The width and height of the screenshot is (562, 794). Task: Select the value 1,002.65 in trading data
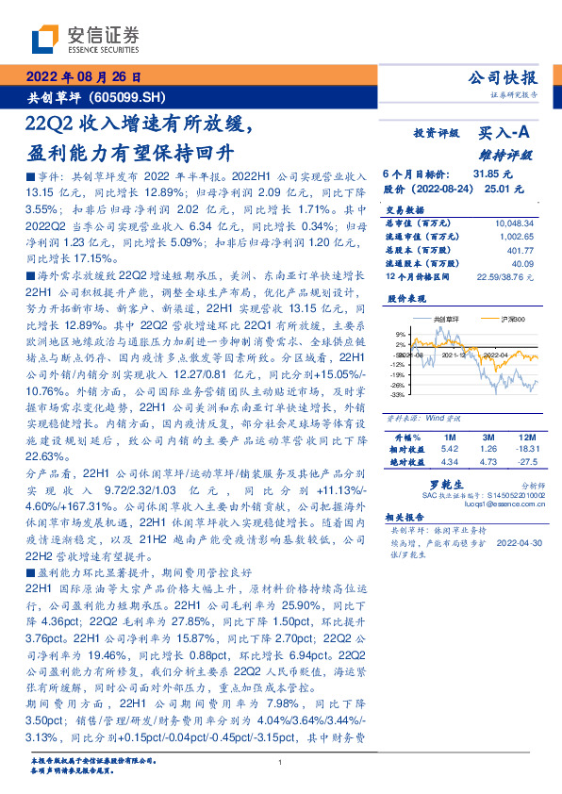(516, 238)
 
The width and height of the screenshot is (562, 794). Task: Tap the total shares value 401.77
(520, 251)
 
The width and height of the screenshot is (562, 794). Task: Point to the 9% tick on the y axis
(401, 334)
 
